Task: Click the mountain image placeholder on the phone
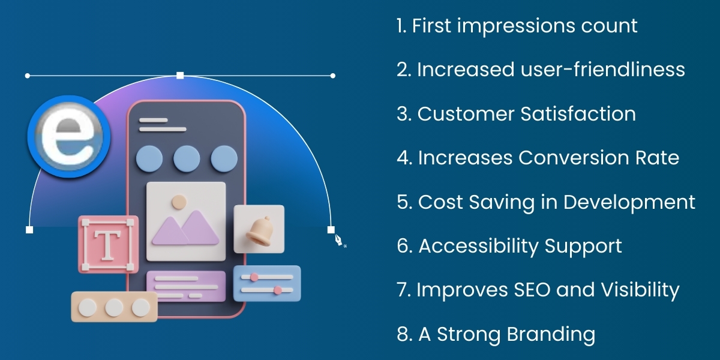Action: click(186, 221)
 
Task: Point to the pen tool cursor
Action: click(339, 240)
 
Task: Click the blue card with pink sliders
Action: click(267, 284)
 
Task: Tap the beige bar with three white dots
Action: click(114, 307)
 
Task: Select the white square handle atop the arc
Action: click(180, 76)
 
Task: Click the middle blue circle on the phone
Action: click(187, 158)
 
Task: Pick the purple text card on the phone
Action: click(186, 286)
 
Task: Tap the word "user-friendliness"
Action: click(599, 70)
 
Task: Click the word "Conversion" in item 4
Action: click(574, 158)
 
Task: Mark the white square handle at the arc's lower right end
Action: click(331, 230)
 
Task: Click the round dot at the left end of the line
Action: click(28, 76)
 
